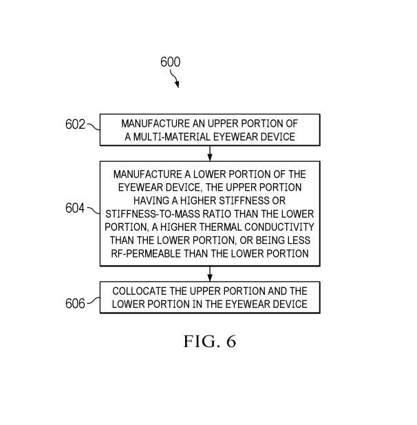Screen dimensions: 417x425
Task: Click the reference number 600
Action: [x=170, y=62]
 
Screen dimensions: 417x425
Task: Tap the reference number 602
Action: [x=75, y=125]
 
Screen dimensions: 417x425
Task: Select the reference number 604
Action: [x=75, y=208]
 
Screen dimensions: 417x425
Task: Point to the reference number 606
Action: [x=75, y=303]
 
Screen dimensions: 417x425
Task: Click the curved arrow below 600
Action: [x=175, y=79]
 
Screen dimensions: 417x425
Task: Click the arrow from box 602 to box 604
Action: [x=210, y=154]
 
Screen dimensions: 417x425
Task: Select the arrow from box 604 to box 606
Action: [x=210, y=273]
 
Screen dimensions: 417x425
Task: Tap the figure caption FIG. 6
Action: [x=210, y=341]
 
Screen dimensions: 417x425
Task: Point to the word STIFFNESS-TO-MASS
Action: [x=153, y=214]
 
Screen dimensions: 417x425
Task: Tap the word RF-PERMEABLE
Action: [x=146, y=253]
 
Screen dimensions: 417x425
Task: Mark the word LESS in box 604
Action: [x=299, y=240]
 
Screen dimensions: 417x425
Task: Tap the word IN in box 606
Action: [x=197, y=304]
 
